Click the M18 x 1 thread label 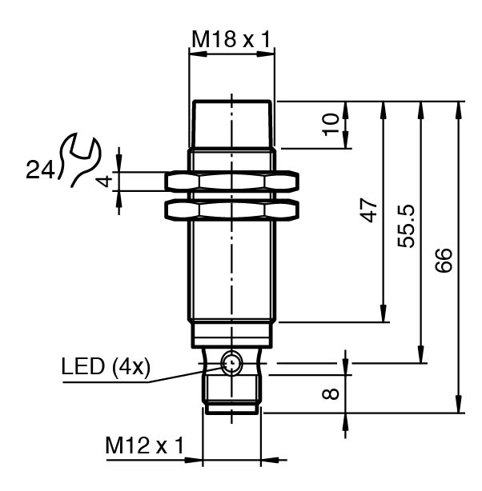[x=231, y=38]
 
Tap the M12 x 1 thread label [x=145, y=445]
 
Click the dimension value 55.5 [x=406, y=226]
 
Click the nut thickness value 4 [x=103, y=181]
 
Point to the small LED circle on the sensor [x=232, y=364]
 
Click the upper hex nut [x=231, y=182]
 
